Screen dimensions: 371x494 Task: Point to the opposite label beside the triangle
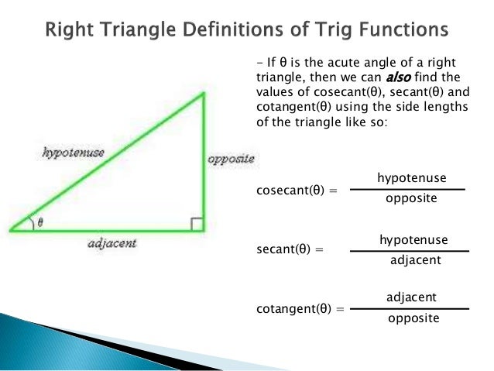pos(231,158)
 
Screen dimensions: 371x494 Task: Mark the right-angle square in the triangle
pos(197,224)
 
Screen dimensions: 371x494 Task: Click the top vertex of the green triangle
pos(203,94)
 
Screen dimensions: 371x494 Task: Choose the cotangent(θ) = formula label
pos(299,308)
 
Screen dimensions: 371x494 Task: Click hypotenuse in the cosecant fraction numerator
pos(411,178)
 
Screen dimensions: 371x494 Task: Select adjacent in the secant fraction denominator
pos(415,260)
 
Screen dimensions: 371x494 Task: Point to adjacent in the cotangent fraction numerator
pos(411,297)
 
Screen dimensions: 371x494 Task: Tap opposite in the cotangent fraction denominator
pos(413,318)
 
